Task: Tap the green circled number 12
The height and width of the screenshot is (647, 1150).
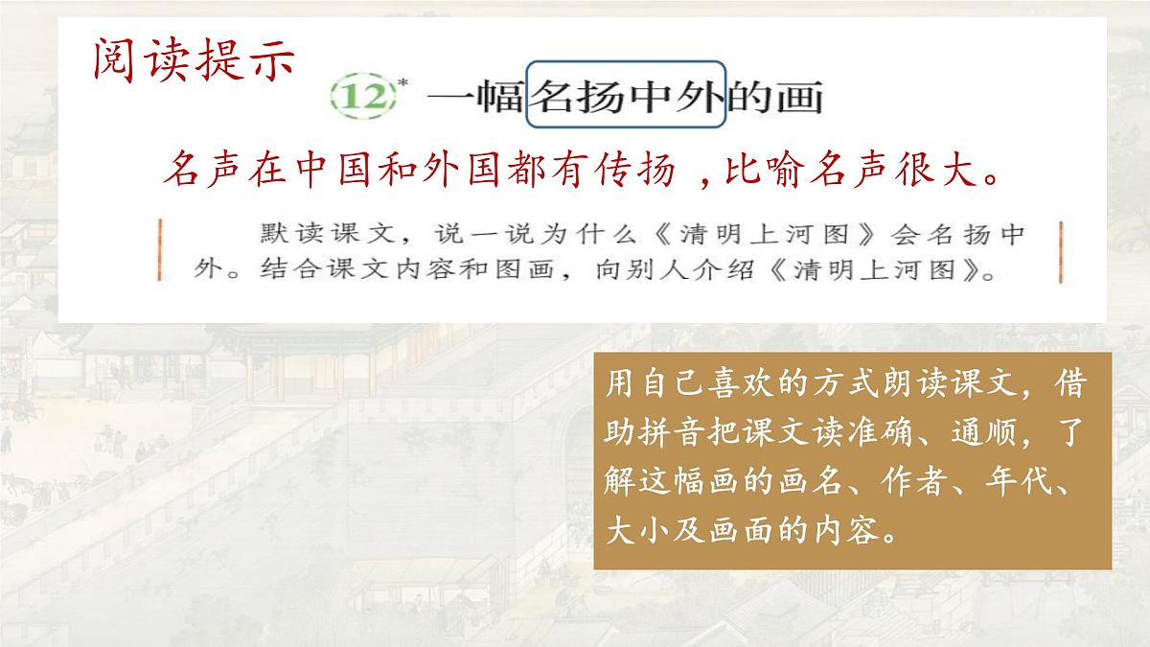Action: pyautogui.click(x=363, y=97)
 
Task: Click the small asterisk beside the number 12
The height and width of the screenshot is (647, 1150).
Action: pyautogui.click(x=402, y=83)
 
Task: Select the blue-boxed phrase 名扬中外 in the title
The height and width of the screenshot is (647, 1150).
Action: pyautogui.click(x=627, y=96)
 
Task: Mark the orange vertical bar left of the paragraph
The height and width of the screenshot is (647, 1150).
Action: pyautogui.click(x=158, y=252)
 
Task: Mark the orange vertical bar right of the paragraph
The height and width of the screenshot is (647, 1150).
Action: pyautogui.click(x=1062, y=252)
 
